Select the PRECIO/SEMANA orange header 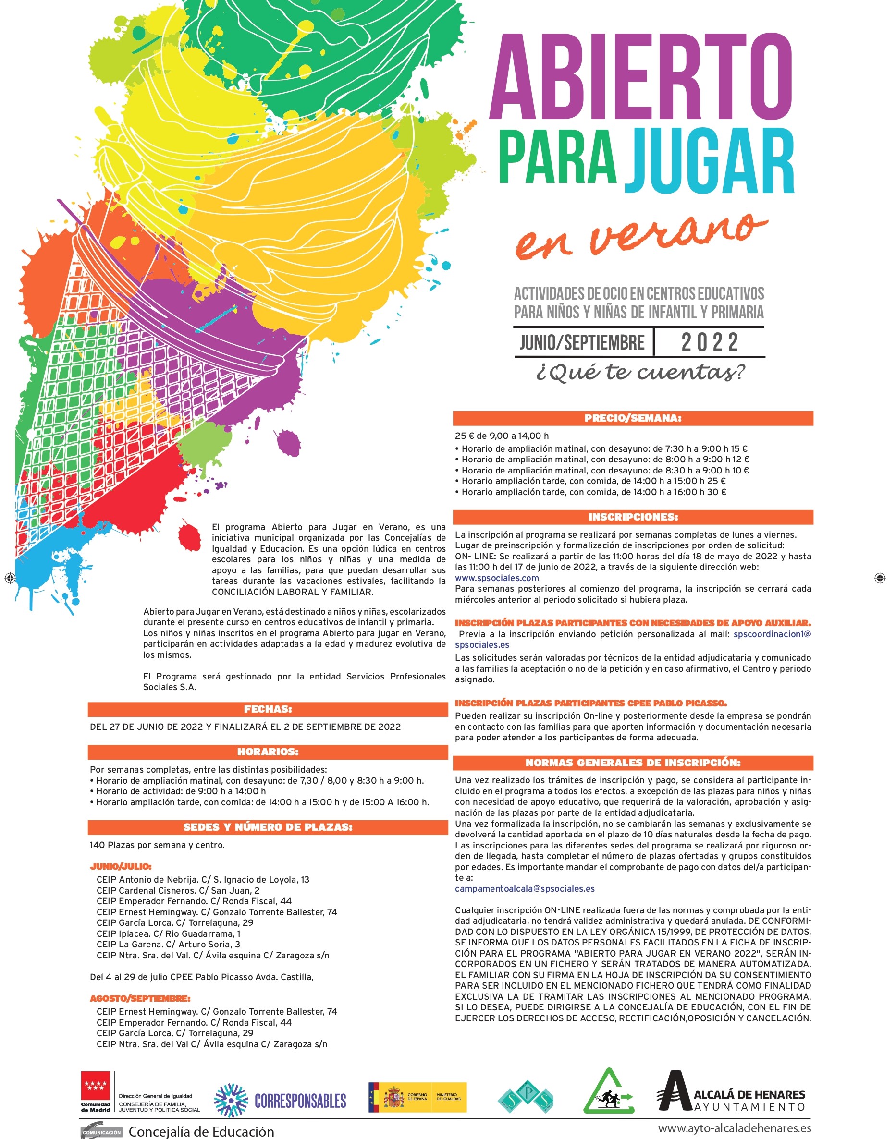click(x=633, y=418)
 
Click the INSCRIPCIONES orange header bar click(x=633, y=517)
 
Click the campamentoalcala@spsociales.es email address click(x=525, y=888)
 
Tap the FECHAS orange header click(x=268, y=709)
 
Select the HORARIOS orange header click(x=268, y=751)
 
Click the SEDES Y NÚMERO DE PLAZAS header click(x=268, y=827)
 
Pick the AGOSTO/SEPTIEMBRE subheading click(x=140, y=998)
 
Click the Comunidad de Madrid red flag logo click(x=96, y=1086)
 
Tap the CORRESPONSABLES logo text click(x=300, y=1101)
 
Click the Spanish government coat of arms click(x=393, y=1098)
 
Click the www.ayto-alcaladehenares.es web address click(x=735, y=1128)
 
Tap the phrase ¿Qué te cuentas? click(x=640, y=372)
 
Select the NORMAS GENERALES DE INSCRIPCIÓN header click(x=633, y=763)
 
